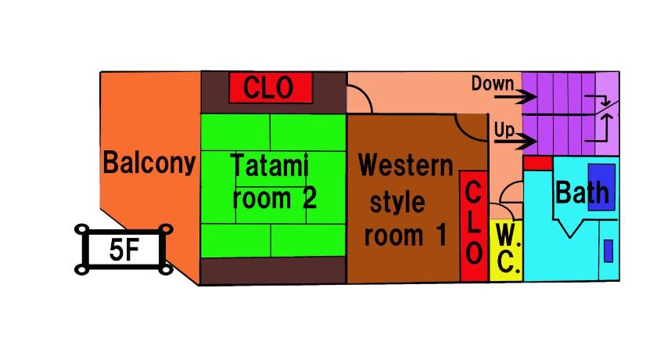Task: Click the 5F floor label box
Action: (124, 250)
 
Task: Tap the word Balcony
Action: (149, 163)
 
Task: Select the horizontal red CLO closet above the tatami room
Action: (271, 87)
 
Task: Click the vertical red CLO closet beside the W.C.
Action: (472, 227)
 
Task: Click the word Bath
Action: (582, 192)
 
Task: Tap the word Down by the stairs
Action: (492, 83)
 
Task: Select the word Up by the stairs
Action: (504, 129)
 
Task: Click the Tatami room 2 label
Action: (273, 182)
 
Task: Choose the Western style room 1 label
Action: (405, 200)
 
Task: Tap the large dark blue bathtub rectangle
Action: (601, 186)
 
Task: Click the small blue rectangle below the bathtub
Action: (608, 250)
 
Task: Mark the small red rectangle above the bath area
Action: (537, 163)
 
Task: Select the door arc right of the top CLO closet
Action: (361, 99)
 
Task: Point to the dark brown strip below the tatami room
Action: (273, 270)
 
